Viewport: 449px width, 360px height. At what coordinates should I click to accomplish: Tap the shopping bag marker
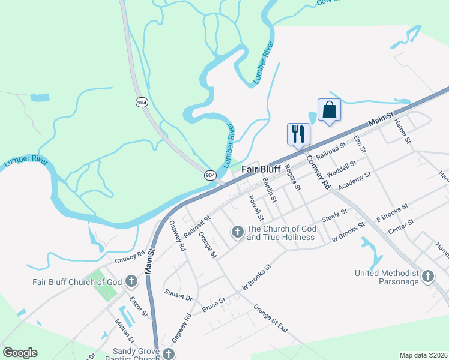pyautogui.click(x=329, y=110)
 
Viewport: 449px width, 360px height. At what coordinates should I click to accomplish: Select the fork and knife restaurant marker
pyautogui.click(x=299, y=134)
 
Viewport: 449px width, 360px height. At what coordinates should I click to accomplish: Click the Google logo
pyautogui.click(x=20, y=353)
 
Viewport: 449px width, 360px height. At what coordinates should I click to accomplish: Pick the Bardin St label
pyautogui.click(x=270, y=189)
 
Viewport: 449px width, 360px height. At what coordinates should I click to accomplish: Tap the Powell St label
pyautogui.click(x=257, y=205)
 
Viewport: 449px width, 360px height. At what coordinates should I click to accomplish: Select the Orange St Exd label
pyautogui.click(x=271, y=319)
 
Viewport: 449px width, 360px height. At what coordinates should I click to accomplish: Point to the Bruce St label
pyautogui.click(x=213, y=304)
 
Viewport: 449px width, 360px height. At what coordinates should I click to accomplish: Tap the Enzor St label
pyautogui.click(x=139, y=305)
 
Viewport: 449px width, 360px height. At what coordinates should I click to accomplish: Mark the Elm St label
pyautogui.click(x=360, y=143)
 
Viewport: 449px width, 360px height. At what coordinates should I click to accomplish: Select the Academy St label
pyautogui.click(x=355, y=181)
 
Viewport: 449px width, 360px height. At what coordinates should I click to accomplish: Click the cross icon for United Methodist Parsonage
pyautogui.click(x=427, y=277)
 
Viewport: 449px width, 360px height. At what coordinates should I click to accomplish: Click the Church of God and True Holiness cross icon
pyautogui.click(x=237, y=232)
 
